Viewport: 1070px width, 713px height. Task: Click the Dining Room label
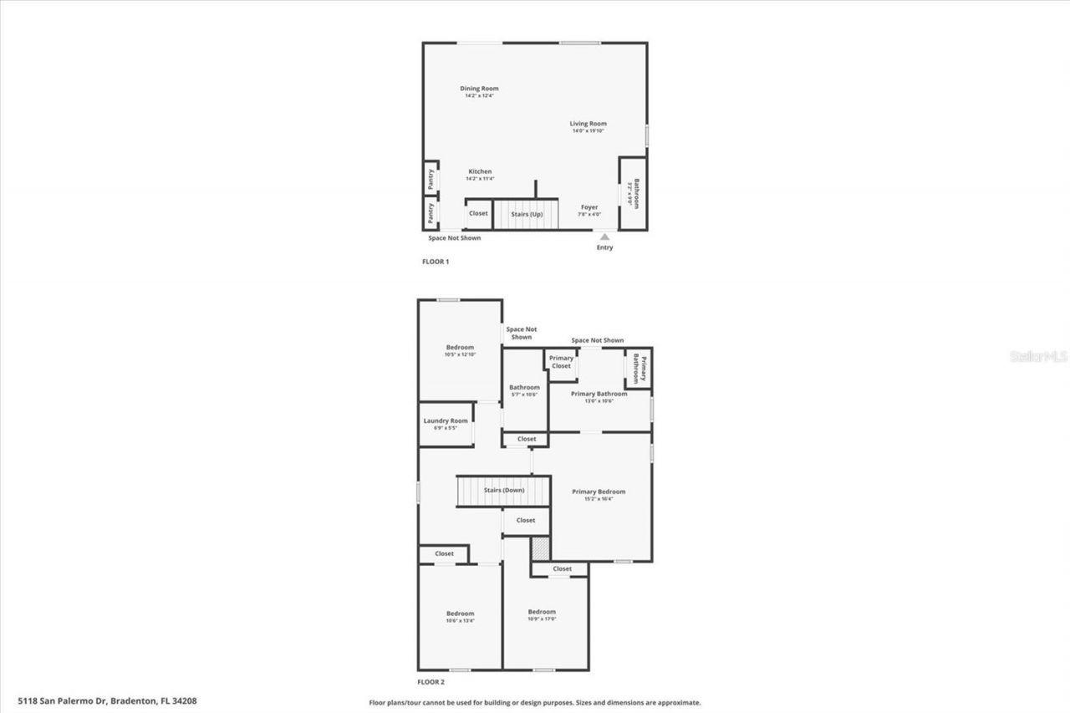479,89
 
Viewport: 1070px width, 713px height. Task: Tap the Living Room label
588,124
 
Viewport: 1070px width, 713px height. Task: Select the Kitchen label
480,171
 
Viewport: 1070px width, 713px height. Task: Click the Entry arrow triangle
604,237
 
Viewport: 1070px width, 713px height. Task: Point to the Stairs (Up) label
527,215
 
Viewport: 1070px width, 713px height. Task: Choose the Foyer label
589,207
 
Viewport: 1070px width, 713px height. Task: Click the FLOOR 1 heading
436,262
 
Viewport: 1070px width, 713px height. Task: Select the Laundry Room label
446,420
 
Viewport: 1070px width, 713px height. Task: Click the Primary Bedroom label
599,491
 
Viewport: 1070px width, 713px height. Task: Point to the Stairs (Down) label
504,490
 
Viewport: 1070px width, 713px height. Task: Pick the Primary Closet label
562,362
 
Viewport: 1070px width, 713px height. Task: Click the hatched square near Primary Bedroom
541,549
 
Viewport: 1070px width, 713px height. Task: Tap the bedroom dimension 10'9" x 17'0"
542,619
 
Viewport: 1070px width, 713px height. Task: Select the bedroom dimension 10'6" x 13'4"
460,620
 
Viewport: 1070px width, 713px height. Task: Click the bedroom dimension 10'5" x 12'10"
460,354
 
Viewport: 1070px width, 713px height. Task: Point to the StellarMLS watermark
1039,356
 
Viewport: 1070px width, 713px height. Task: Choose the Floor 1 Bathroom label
636,194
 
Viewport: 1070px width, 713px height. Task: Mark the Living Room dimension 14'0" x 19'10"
588,130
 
